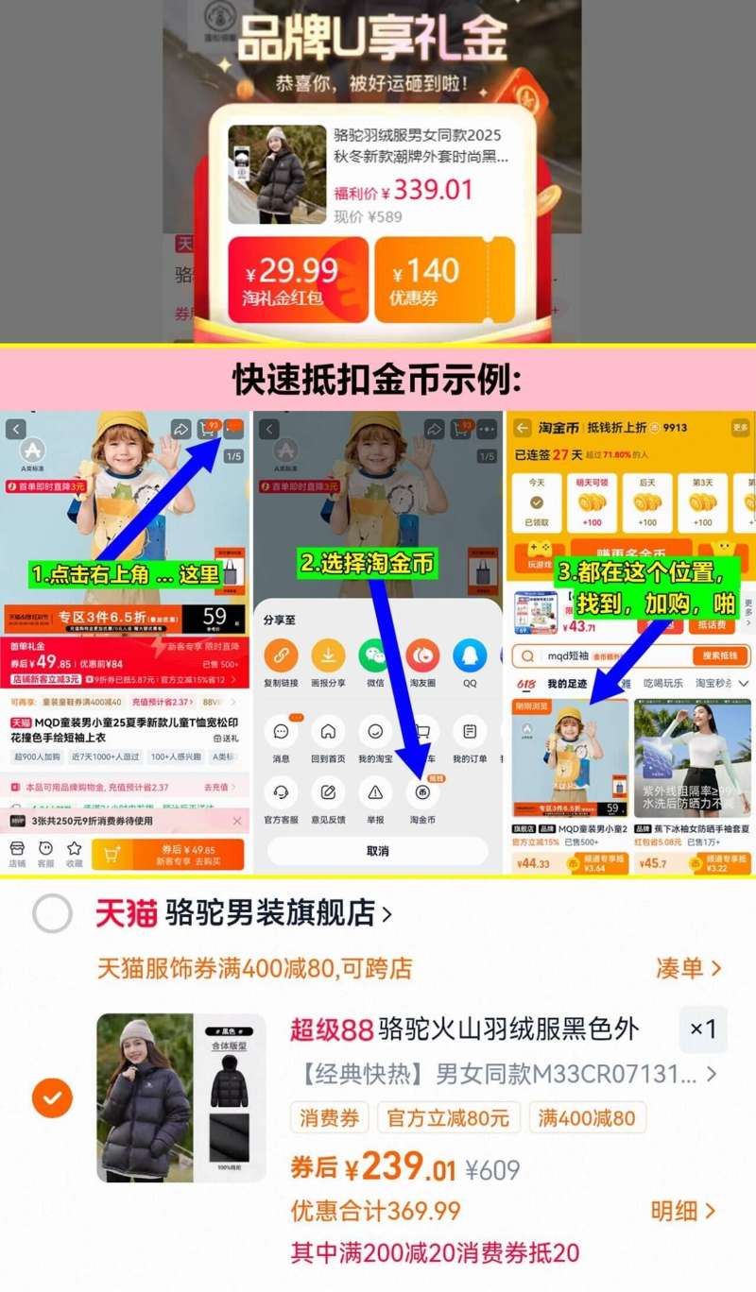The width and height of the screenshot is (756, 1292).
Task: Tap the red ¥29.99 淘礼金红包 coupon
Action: pyautogui.click(x=298, y=279)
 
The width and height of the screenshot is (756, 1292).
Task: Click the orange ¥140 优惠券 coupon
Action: pyautogui.click(x=444, y=279)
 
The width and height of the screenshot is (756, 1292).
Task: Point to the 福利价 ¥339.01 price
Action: pyautogui.click(x=404, y=190)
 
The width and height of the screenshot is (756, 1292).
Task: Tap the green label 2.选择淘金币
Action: pyautogui.click(x=368, y=564)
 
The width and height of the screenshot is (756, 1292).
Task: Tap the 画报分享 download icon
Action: pyautogui.click(x=328, y=655)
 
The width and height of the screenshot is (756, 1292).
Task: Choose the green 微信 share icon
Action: pyautogui.click(x=375, y=655)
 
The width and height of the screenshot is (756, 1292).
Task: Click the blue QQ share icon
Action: pyautogui.click(x=470, y=655)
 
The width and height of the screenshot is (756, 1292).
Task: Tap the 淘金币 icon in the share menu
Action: pyautogui.click(x=422, y=791)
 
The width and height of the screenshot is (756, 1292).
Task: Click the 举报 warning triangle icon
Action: pyautogui.click(x=375, y=791)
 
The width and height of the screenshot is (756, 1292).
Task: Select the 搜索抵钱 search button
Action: pyautogui.click(x=721, y=655)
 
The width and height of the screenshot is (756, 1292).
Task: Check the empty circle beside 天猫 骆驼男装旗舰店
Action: pyautogui.click(x=52, y=913)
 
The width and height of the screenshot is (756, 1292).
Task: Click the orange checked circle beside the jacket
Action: pyautogui.click(x=52, y=1097)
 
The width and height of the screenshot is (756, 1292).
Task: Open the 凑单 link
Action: pyautogui.click(x=688, y=968)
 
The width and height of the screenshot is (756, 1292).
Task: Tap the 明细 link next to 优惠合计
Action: pyautogui.click(x=682, y=1211)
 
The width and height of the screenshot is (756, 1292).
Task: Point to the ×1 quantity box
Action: pyautogui.click(x=703, y=1028)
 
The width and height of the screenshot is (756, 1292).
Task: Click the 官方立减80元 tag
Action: pyautogui.click(x=448, y=1118)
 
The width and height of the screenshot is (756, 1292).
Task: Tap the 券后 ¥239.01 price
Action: pyautogui.click(x=373, y=1167)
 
